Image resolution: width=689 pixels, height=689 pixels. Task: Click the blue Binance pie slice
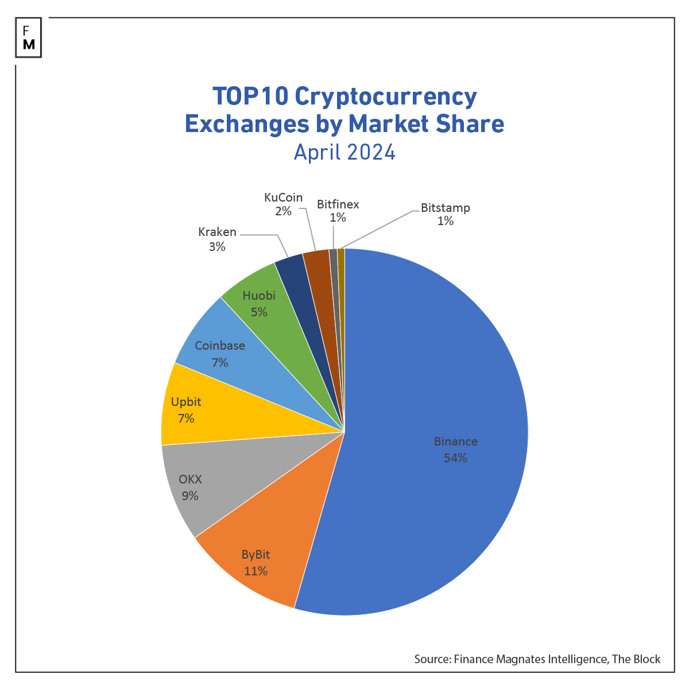tap(436, 402)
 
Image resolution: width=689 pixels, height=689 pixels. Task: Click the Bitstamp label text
tap(445, 208)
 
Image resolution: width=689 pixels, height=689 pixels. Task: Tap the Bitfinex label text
tap(338, 204)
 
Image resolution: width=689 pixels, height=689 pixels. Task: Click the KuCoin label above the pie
tap(283, 198)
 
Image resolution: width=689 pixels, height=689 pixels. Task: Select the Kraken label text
tap(217, 232)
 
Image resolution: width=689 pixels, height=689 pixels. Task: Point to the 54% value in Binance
tap(455, 458)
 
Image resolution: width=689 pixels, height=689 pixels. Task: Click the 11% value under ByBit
tap(256, 571)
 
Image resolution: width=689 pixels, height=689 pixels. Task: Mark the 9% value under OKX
tap(190, 496)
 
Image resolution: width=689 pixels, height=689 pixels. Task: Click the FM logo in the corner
tap(29, 38)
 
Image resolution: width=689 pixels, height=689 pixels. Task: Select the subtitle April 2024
tap(344, 152)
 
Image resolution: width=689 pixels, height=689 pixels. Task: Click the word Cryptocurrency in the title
tap(385, 96)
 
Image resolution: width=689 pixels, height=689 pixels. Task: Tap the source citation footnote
tap(537, 659)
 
